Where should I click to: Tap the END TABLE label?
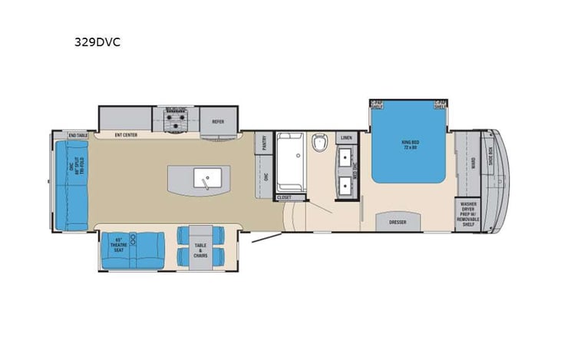78,136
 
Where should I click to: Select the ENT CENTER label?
126,135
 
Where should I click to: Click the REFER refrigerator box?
219,121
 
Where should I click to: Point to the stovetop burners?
178,119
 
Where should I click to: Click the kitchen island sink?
206,178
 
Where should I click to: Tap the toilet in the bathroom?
320,143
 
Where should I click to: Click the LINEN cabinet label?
346,139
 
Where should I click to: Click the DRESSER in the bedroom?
398,223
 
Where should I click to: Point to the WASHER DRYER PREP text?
469,212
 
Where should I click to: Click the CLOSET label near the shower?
285,197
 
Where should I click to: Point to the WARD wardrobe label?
474,163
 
